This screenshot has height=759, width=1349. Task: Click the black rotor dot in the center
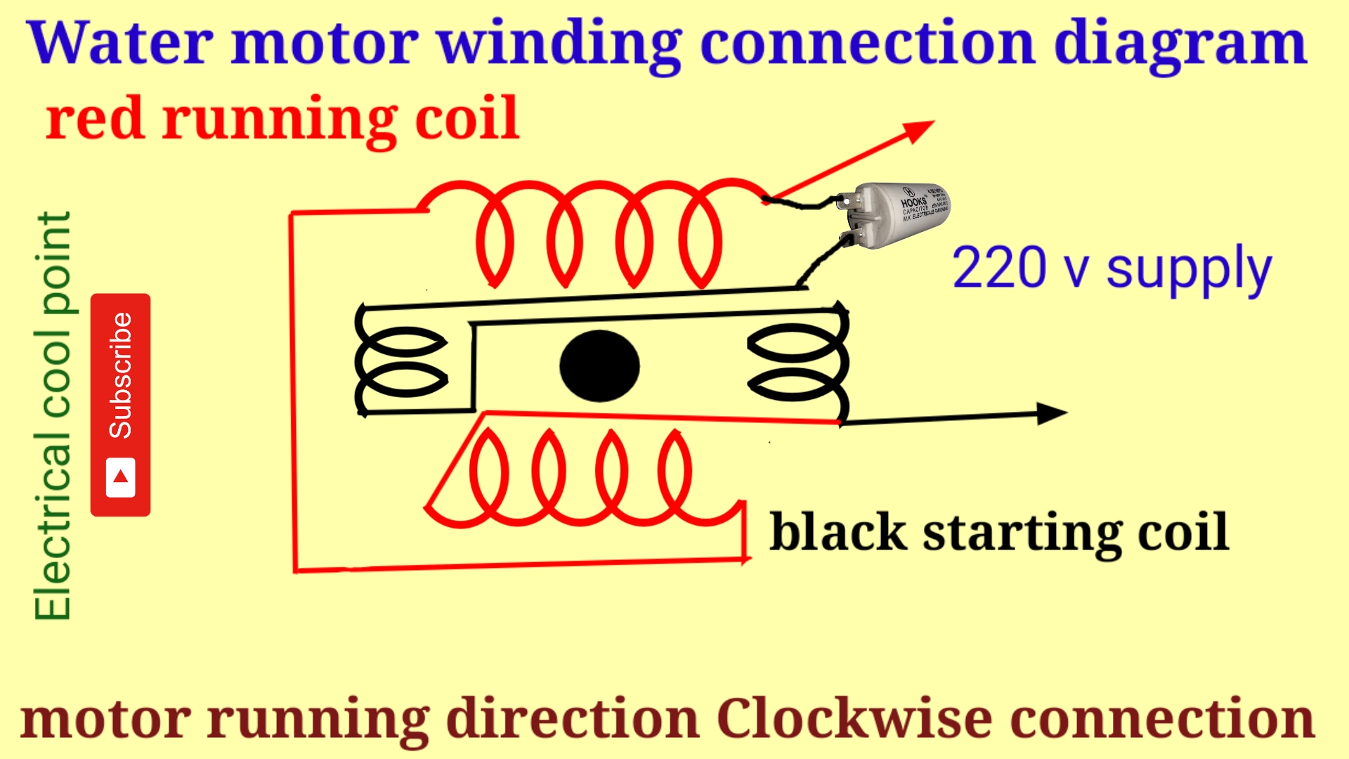click(599, 365)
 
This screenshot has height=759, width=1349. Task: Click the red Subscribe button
click(120, 404)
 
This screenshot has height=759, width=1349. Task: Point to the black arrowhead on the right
click(1052, 413)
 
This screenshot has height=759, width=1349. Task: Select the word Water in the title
click(119, 44)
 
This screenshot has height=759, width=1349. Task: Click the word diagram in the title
click(1180, 44)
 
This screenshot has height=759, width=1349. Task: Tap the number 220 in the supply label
click(998, 268)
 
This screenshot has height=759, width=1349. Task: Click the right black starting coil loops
click(797, 363)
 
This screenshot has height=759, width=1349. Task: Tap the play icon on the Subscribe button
click(120, 477)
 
